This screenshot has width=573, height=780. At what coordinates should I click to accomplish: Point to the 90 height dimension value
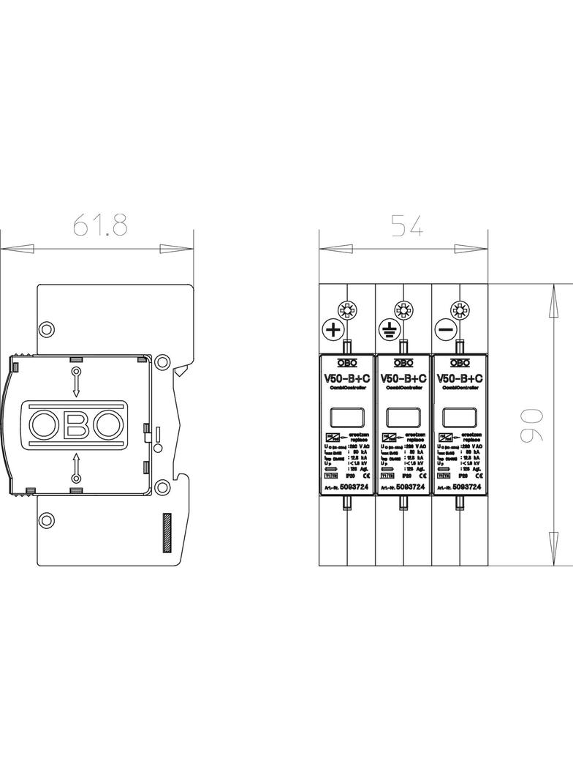coord(533,424)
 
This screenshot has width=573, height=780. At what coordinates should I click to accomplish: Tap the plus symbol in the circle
coord(333,330)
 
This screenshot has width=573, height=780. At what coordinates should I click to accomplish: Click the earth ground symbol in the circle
coord(389,330)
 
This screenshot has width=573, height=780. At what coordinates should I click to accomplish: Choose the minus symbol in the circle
coord(445,330)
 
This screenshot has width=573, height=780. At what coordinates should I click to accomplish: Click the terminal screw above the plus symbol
coord(346,310)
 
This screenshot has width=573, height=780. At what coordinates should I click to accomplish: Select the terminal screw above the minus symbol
coord(458,310)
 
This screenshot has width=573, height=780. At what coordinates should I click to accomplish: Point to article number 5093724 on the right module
coord(467,487)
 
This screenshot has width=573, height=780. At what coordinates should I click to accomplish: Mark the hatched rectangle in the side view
coord(167,532)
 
